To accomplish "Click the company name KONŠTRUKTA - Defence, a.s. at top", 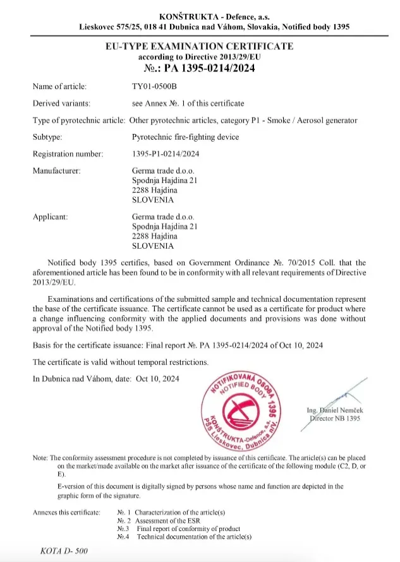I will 200,16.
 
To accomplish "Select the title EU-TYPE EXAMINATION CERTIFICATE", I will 200,46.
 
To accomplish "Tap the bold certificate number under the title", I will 200,68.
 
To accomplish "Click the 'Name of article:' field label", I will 59,86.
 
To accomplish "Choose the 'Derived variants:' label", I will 61,103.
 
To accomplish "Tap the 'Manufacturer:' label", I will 56,170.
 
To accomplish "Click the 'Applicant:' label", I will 50,217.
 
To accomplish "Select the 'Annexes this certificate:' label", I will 66,512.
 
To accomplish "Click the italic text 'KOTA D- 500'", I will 63,551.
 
